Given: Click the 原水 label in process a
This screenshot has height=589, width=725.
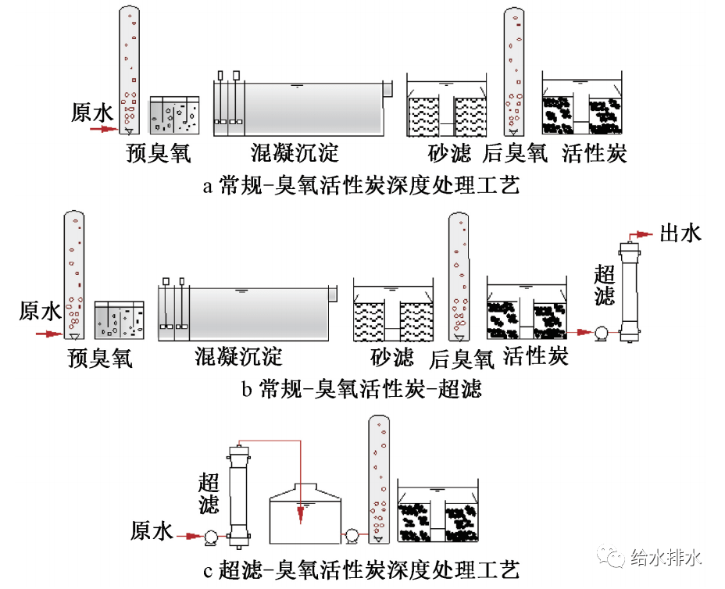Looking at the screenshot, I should (92, 112).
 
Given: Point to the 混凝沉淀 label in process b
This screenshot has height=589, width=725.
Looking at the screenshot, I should (238, 357).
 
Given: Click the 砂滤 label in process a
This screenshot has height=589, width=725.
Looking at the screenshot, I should (450, 152).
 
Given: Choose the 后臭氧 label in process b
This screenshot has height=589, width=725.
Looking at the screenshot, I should (462, 359).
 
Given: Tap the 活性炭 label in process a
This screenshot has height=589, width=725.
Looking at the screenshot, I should (595, 152).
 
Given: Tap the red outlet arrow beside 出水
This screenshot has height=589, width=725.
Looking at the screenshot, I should (641, 234).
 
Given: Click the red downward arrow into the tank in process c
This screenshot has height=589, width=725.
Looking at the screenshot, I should (300, 512).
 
